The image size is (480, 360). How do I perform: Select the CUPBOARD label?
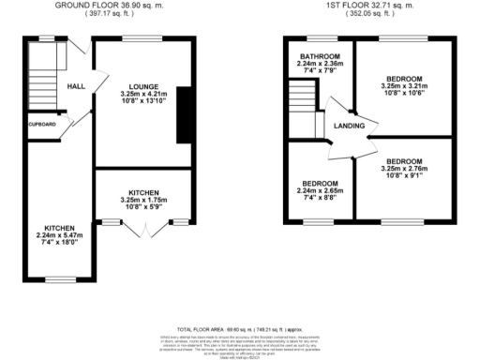click(41, 124)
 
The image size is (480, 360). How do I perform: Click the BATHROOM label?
click(321, 56)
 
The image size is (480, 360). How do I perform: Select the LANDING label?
click(350, 125)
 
